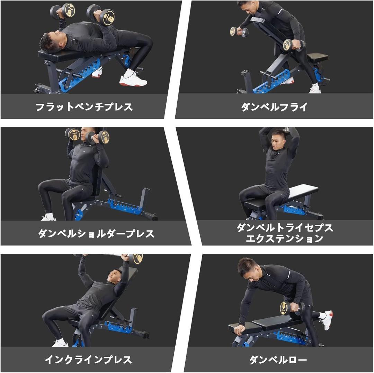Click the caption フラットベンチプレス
84,107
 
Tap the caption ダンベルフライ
274,107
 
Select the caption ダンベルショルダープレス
96,234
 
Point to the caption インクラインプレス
88,360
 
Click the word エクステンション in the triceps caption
284,238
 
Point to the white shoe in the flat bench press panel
133,80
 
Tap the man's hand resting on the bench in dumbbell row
239,330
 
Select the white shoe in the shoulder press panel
48,217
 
